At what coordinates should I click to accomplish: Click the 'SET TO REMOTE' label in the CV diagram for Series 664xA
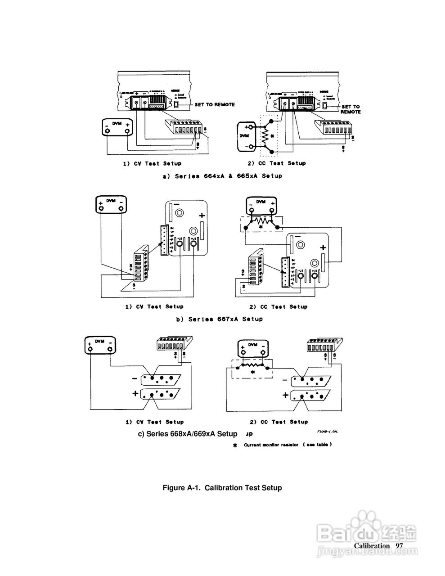click(x=214, y=104)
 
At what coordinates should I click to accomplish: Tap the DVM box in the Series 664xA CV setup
click(x=117, y=127)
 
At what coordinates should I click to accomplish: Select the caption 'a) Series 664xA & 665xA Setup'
click(x=222, y=176)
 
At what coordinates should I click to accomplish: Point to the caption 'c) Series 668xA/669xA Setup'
click(x=188, y=434)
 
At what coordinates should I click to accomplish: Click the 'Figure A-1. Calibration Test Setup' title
click(x=222, y=487)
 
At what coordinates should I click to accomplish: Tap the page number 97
click(x=399, y=545)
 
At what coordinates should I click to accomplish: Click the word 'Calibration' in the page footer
click(x=372, y=545)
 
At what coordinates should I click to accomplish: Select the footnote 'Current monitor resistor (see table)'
click(x=288, y=445)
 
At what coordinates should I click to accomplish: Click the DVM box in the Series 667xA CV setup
click(x=111, y=205)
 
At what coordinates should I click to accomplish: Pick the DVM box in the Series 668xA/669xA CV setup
click(x=100, y=346)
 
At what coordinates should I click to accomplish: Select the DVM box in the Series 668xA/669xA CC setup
click(x=252, y=348)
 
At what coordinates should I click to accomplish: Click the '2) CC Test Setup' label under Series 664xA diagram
click(x=277, y=163)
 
